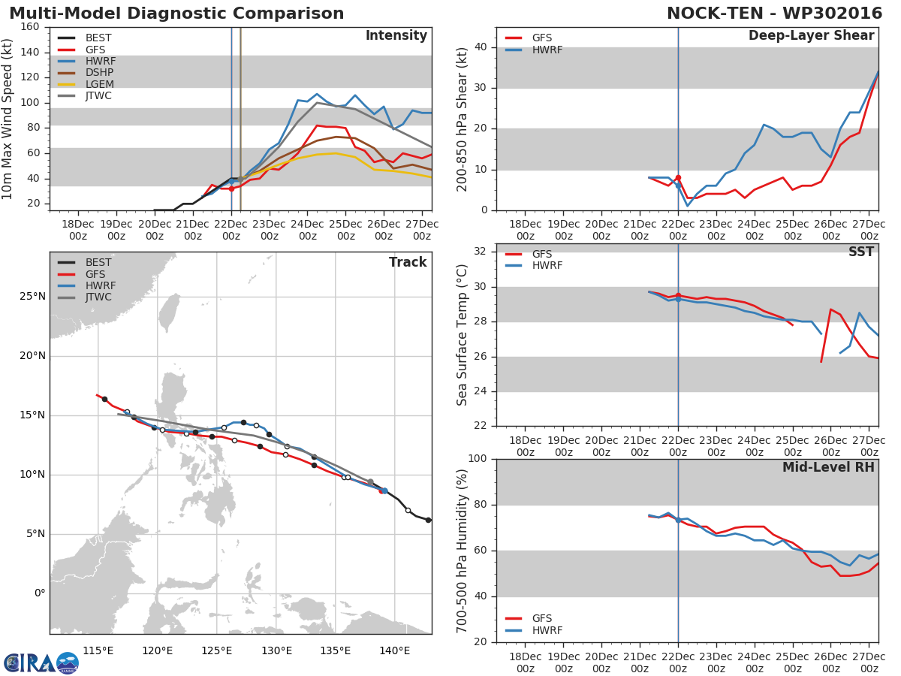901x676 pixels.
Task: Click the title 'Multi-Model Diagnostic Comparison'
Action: (176, 14)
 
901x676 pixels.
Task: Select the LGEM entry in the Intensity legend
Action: (99, 84)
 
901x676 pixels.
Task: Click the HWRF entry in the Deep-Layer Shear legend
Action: (547, 50)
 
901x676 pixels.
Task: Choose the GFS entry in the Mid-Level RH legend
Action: (547, 618)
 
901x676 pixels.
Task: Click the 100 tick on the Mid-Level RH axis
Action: (477, 459)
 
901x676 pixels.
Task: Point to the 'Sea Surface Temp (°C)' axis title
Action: (463, 335)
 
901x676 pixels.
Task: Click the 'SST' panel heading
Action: (860, 252)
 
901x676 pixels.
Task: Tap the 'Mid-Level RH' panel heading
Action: (828, 467)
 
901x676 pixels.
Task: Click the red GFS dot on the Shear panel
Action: (678, 178)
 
